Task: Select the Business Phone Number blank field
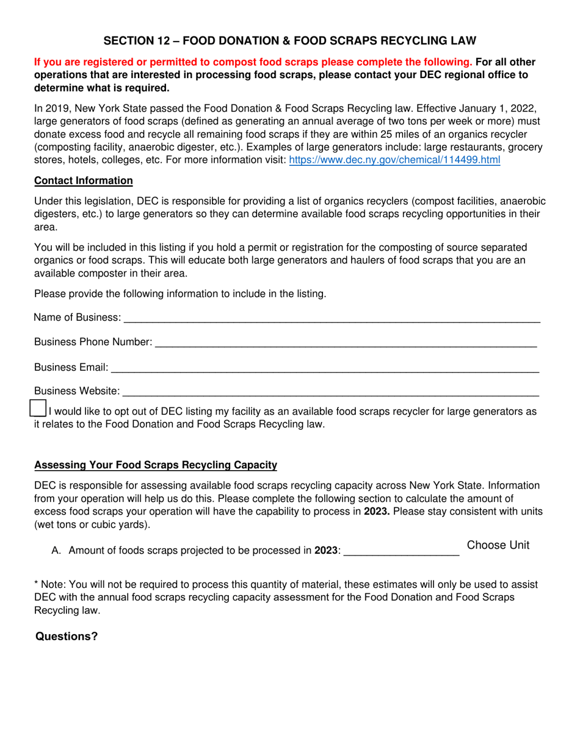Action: pyautogui.click(x=346, y=343)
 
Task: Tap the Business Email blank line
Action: pyautogui.click(x=324, y=368)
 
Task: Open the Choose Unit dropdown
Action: pyautogui.click(x=498, y=546)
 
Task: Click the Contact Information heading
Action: pyautogui.click(x=84, y=180)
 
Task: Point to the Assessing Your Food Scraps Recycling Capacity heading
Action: pyautogui.click(x=156, y=465)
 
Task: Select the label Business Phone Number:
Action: pyautogui.click(x=93, y=343)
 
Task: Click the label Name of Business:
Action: pyautogui.click(x=78, y=318)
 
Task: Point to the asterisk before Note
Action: pyautogui.click(x=37, y=584)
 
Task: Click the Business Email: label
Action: pyautogui.click(x=71, y=368)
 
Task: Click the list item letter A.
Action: pyautogui.click(x=56, y=551)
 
